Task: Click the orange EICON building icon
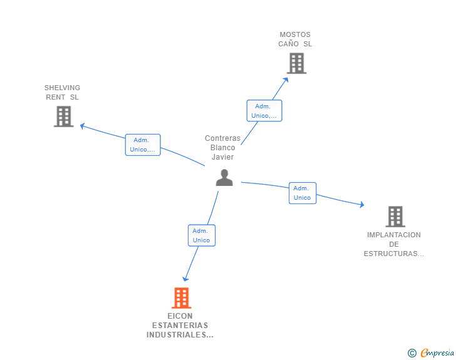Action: (181, 298)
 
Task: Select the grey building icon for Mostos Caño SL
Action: (296, 63)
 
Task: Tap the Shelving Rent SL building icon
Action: (63, 116)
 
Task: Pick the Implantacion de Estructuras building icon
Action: (395, 217)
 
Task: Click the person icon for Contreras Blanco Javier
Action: (224, 178)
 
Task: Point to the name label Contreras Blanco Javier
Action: (222, 148)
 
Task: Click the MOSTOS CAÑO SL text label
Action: (295, 39)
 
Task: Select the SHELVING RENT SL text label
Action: (62, 92)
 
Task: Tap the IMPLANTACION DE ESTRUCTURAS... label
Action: (394, 244)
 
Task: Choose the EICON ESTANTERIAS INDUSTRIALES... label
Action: (180, 326)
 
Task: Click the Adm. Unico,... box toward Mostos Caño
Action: (264, 111)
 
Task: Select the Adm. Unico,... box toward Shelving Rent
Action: (143, 145)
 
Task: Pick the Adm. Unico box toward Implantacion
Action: (302, 193)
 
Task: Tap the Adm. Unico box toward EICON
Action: (201, 235)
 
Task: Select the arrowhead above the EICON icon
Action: (185, 279)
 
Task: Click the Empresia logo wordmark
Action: (437, 353)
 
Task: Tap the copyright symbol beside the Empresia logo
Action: (412, 353)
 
